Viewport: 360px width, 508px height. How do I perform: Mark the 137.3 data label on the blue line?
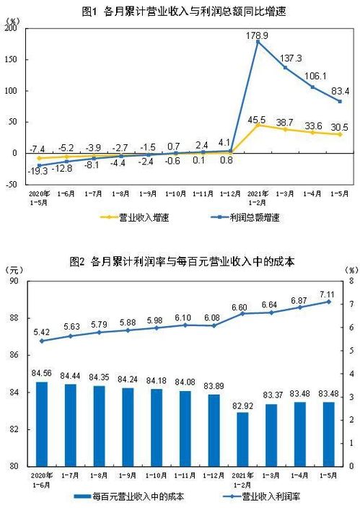[x=293, y=57]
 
